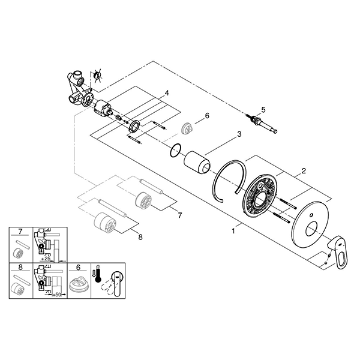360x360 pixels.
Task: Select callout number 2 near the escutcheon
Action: (304, 171)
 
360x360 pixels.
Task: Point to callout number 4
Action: (167, 93)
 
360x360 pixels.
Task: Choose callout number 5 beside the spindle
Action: (262, 109)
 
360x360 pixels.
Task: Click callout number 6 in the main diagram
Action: (207, 116)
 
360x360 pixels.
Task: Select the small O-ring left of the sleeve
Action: (174, 149)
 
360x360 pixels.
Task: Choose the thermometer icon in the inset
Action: (97, 278)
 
